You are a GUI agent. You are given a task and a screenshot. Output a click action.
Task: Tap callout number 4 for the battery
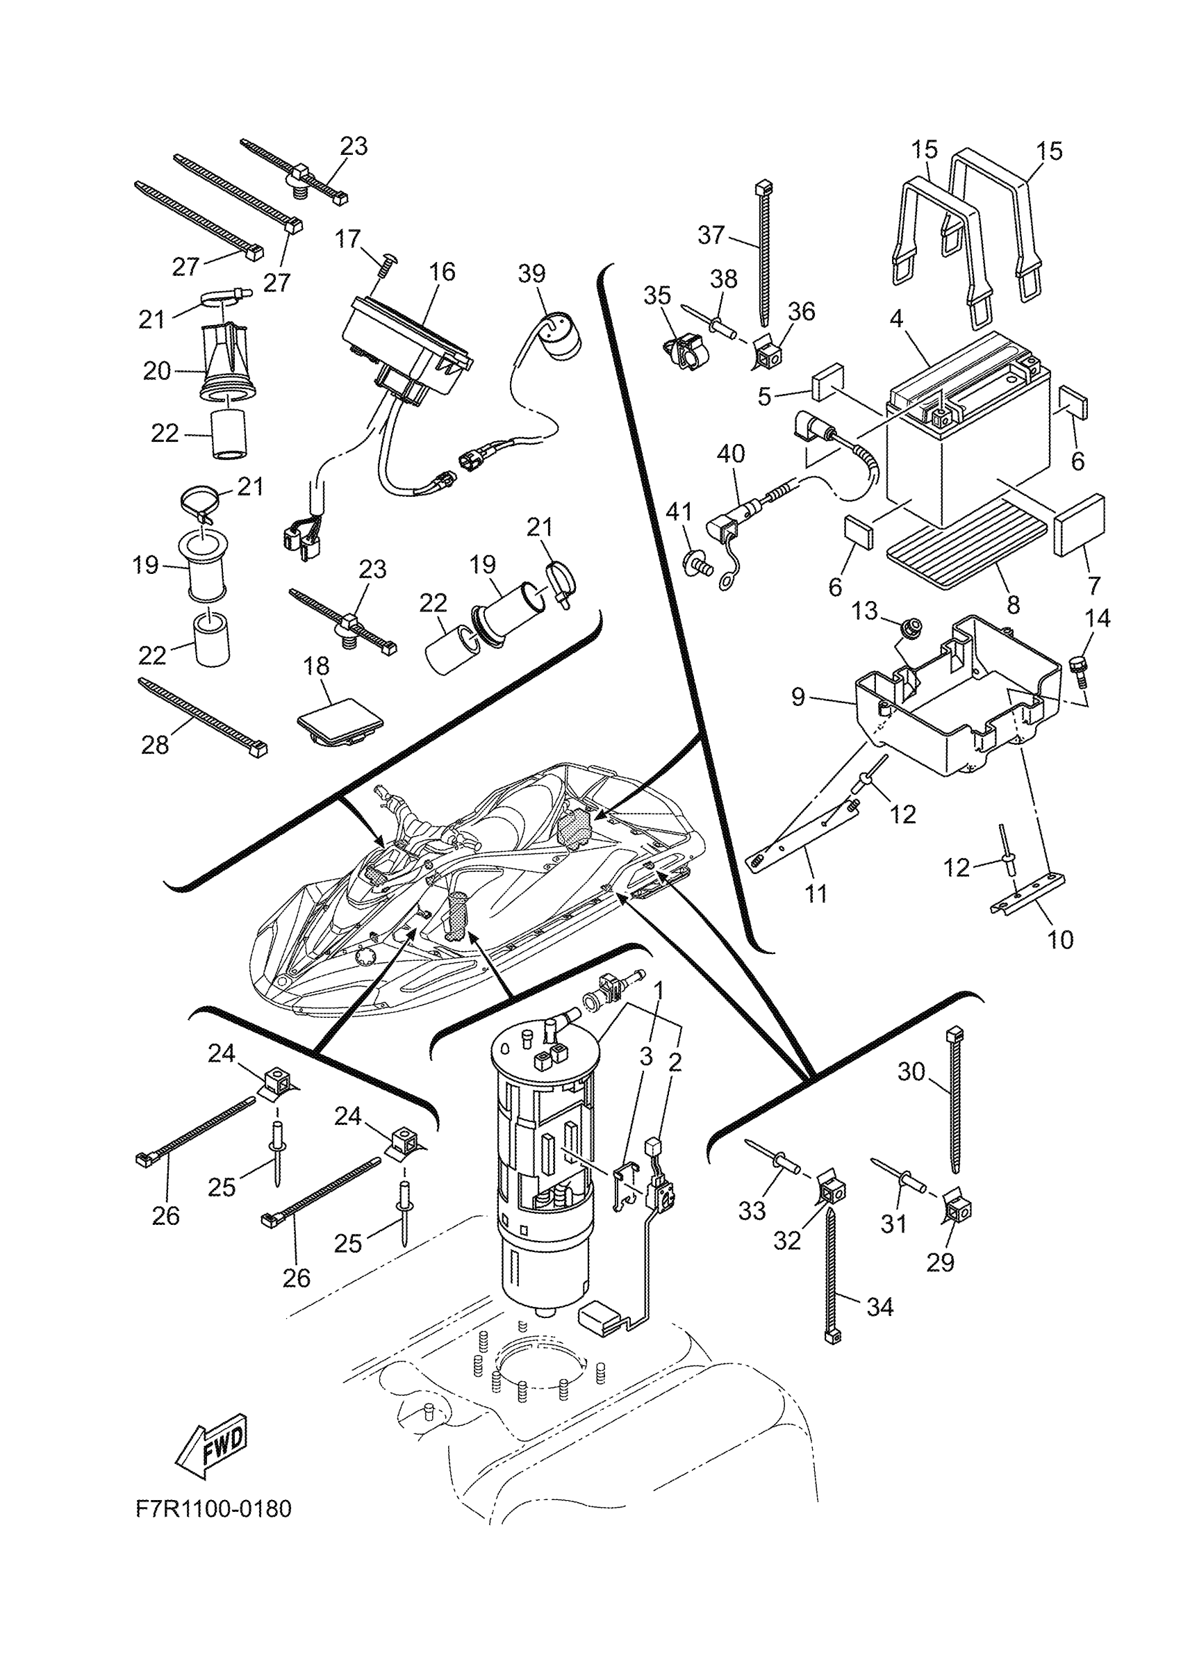(x=896, y=318)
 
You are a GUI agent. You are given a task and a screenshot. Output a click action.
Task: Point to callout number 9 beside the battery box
(x=798, y=697)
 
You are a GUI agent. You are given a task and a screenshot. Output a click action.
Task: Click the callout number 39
(x=531, y=274)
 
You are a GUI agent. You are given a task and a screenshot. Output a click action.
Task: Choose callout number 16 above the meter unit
(x=442, y=272)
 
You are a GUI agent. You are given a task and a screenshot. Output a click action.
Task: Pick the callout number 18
(x=317, y=666)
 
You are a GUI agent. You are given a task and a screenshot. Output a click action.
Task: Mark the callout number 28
(x=155, y=745)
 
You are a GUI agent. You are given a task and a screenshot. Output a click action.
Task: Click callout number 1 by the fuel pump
(x=659, y=990)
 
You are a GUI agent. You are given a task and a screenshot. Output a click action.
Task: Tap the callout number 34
(x=879, y=1307)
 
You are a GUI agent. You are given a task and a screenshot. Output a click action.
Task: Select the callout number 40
(x=731, y=454)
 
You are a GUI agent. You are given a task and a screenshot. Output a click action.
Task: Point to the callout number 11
(x=816, y=893)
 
